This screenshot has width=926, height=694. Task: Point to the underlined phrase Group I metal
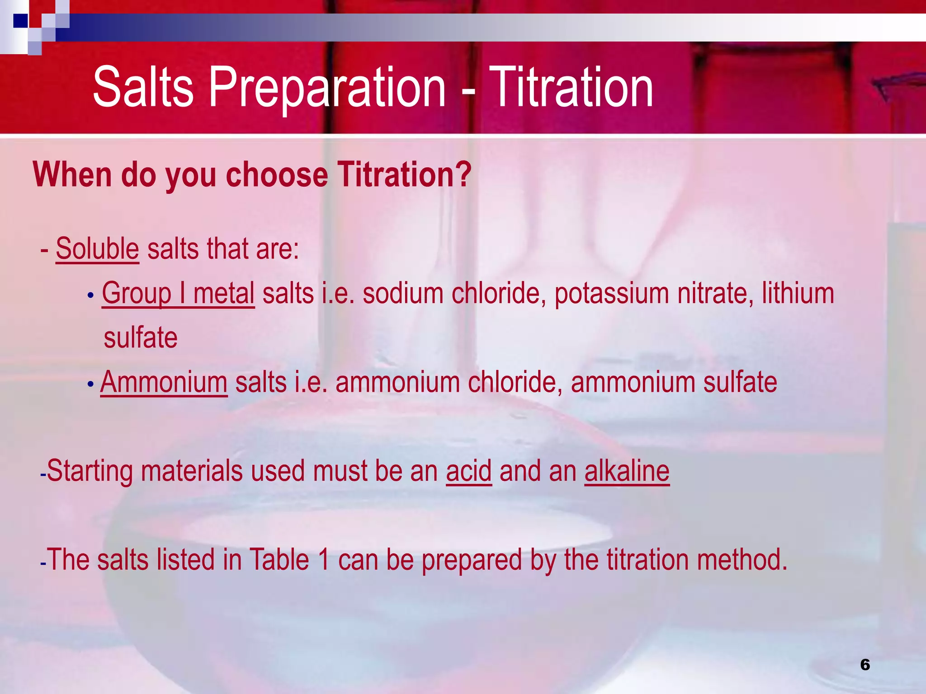(178, 293)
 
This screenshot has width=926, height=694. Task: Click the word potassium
(611, 293)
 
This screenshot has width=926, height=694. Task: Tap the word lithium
(798, 293)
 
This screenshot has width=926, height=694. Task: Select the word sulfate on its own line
(141, 338)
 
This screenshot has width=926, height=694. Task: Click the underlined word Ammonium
(164, 382)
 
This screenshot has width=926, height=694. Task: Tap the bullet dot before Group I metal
(90, 295)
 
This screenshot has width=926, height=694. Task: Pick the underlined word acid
(468, 471)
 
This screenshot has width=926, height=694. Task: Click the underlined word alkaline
(627, 471)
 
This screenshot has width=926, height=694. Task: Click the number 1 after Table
(323, 560)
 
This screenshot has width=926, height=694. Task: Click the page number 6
(865, 665)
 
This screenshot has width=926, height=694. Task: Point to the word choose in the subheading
(277, 175)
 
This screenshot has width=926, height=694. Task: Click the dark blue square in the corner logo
(21, 21)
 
